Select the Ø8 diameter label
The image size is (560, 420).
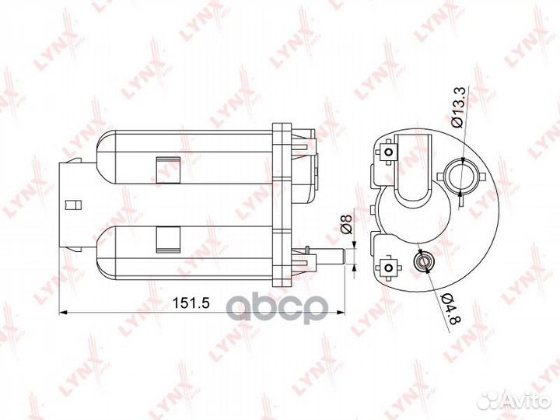[346, 223]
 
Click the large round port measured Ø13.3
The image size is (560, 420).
[461, 176]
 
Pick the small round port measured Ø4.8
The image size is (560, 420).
[423, 262]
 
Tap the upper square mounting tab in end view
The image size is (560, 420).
[388, 152]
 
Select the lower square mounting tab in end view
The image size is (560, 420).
[387, 268]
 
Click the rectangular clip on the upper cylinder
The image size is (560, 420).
[168, 170]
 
